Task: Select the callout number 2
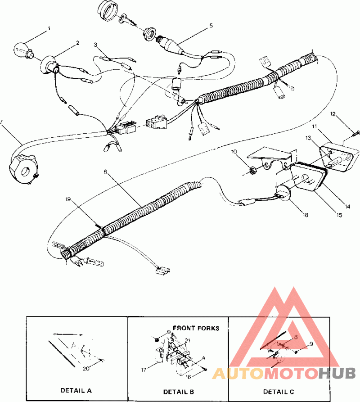78,43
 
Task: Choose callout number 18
306,216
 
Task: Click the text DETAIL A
76,391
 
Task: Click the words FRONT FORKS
196,328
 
